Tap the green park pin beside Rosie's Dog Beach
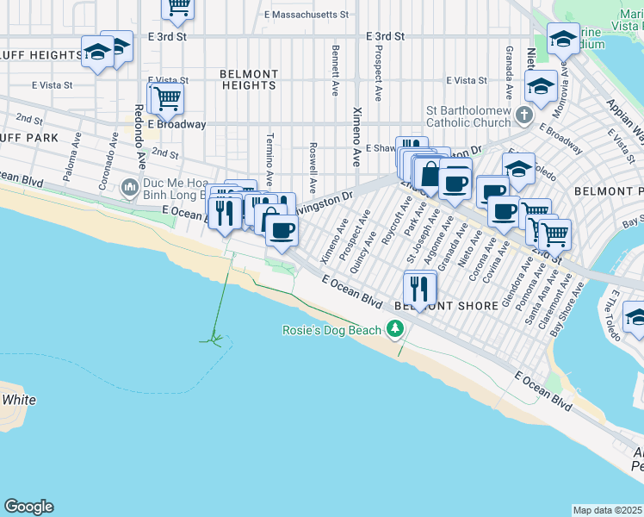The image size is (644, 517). (395, 327)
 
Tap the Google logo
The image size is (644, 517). (28, 507)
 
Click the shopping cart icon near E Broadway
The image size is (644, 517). (166, 98)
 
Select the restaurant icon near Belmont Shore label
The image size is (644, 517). (419, 287)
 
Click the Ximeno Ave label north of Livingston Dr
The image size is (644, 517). (356, 137)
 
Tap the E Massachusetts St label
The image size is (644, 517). (307, 15)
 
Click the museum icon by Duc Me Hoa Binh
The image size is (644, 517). (130, 185)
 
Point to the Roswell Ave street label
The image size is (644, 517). (313, 167)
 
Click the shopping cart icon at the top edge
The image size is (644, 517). (178, 7)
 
